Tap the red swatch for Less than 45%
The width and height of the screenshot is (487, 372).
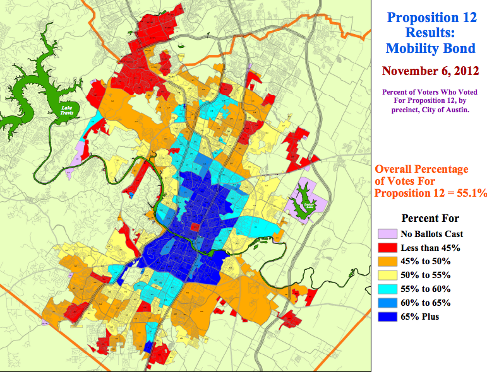[x=387, y=247]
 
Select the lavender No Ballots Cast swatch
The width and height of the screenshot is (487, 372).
[x=387, y=233]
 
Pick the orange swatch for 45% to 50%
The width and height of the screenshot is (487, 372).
[x=387, y=261]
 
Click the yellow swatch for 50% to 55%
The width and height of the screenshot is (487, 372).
[x=387, y=275]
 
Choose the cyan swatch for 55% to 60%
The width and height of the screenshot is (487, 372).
[x=387, y=289]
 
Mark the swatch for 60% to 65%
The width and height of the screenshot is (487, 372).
[x=387, y=303]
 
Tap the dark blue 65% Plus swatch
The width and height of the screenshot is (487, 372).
[x=387, y=317]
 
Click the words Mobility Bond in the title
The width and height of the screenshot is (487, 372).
[x=430, y=48]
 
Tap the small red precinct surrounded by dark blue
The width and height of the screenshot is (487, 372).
[x=195, y=227]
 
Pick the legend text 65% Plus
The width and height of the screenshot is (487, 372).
[x=420, y=317]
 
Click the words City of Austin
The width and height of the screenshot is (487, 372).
[x=449, y=110]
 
